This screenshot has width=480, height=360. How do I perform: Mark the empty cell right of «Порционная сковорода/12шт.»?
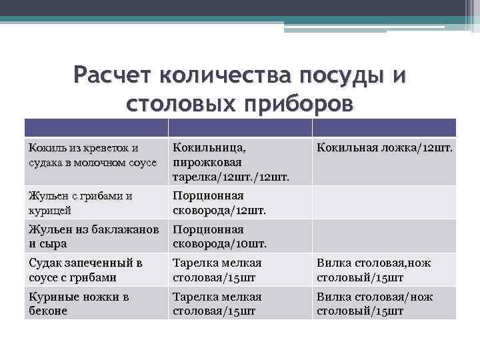(385, 203)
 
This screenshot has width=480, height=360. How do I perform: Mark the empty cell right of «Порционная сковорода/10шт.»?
(385, 236)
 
